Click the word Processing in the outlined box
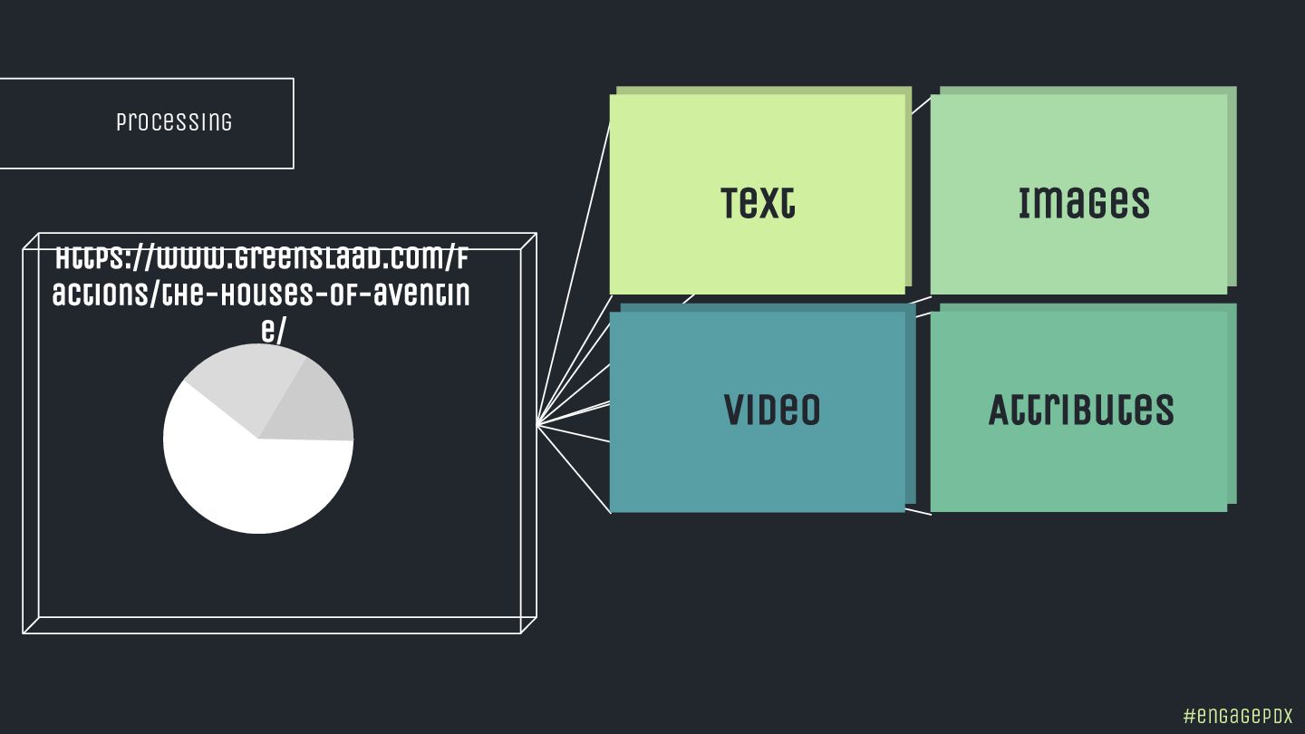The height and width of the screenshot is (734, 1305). point(174,122)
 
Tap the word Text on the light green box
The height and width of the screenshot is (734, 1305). point(758,203)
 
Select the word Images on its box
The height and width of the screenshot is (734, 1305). point(1083,203)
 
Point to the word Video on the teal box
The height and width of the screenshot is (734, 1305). point(771,410)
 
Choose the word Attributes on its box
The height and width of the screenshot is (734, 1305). point(1080,410)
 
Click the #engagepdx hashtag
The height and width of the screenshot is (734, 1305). point(1238,715)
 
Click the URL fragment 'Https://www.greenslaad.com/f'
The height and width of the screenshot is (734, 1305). point(261,259)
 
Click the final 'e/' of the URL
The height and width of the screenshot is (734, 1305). point(273,331)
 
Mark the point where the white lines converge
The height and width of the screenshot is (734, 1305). point(537,424)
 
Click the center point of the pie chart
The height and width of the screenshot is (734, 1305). point(259,439)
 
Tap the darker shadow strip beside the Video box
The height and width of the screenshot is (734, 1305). point(910,408)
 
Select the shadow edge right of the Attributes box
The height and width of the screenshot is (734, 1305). point(1232,408)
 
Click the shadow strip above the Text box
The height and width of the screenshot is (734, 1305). point(761,91)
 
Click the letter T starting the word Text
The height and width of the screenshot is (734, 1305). point(731,203)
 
